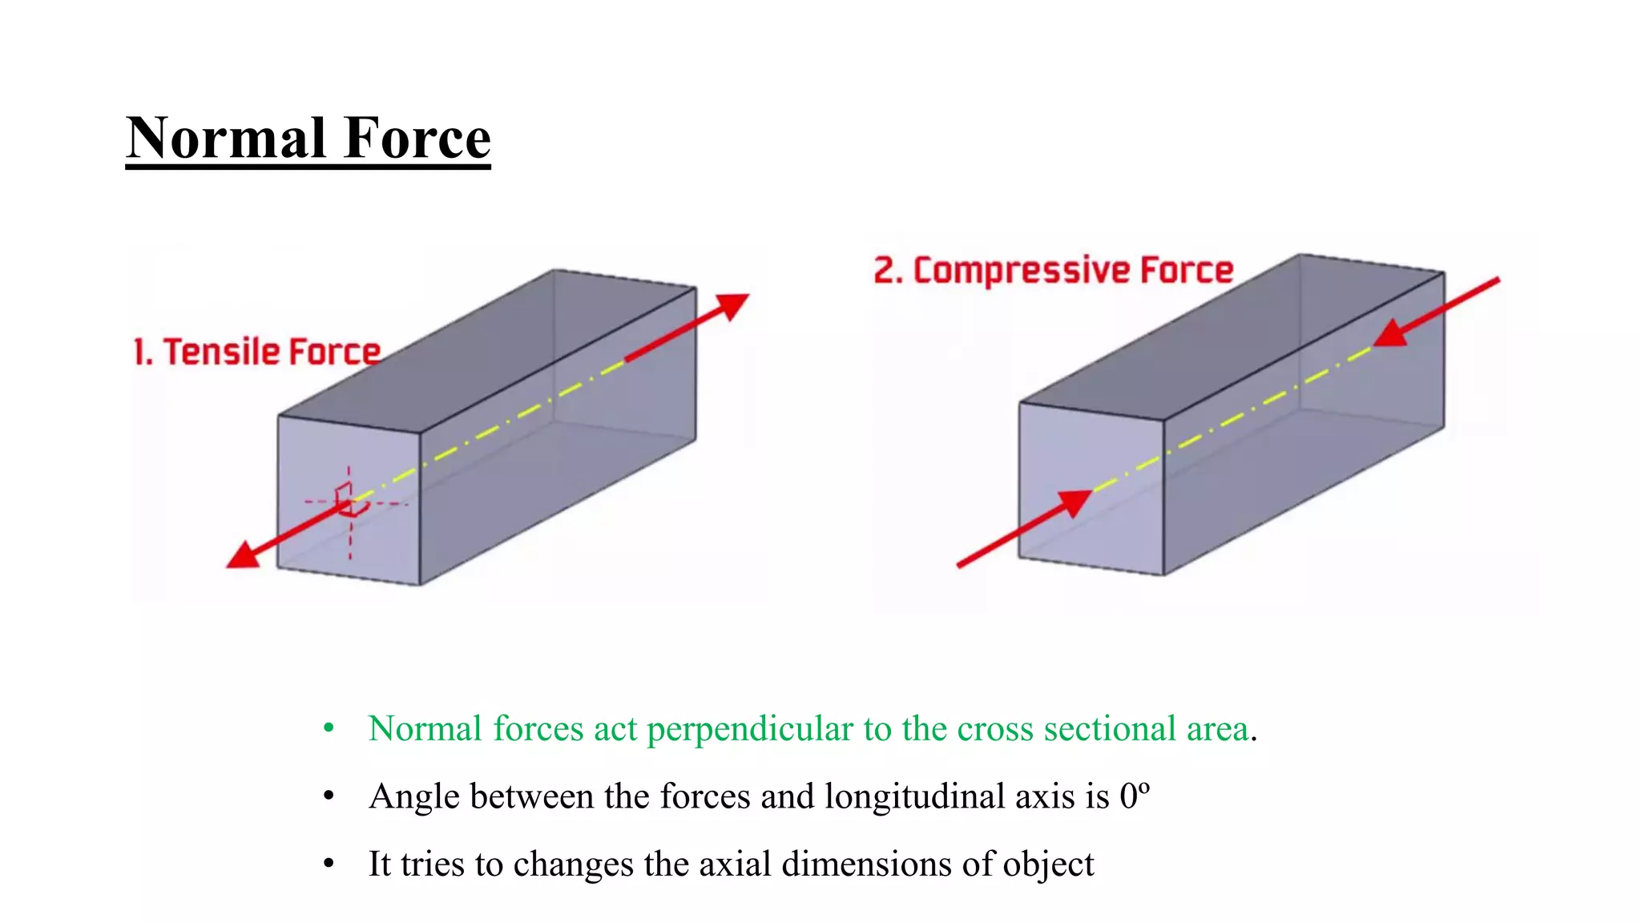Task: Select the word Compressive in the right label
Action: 1022,271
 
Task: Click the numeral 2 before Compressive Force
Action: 884,271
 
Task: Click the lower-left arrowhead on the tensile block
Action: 244,554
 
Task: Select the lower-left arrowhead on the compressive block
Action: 1074,502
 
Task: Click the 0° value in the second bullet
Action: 1135,796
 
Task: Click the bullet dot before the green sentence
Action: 329,729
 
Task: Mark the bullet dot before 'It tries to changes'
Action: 329,865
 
